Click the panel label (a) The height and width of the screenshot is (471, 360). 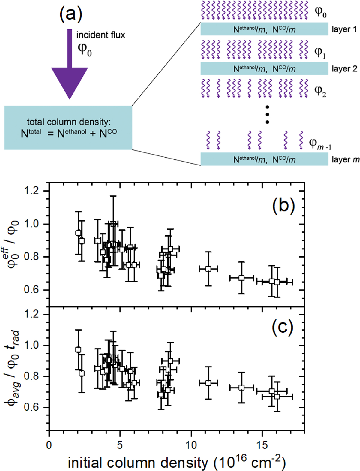71,14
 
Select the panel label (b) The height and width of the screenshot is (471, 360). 283,206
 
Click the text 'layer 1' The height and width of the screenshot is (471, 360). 344,29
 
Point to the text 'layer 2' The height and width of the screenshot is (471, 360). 344,69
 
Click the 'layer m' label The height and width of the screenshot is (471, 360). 345,159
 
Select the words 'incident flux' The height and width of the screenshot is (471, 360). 100,35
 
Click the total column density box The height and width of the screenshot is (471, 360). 68,128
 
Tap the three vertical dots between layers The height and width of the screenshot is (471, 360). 267,114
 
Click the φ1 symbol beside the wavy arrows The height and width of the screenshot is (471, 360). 320,53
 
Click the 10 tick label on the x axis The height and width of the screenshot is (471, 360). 191,445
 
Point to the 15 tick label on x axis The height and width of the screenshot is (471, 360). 262,445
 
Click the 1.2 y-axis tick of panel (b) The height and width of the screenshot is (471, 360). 32,191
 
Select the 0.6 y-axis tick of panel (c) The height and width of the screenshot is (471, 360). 32,407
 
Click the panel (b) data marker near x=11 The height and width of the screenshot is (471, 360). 208,269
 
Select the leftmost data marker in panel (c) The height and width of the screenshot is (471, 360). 78,349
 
